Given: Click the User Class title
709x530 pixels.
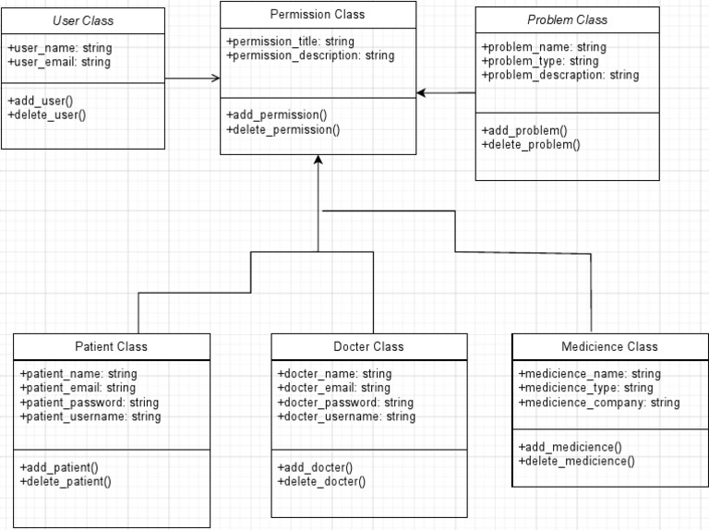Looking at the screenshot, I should point(83,20).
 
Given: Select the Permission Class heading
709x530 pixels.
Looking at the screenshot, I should point(318,14).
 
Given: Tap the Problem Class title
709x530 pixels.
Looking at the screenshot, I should point(567,19).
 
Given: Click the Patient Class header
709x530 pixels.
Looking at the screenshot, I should point(111,346).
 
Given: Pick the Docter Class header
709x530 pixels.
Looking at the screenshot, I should point(368,346).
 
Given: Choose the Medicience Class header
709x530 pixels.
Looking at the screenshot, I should point(609,346).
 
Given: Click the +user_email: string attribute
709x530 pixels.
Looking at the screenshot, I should point(58,62).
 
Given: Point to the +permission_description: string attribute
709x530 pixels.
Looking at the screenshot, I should point(310,55).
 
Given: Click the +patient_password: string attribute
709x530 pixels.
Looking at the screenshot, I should point(89,403).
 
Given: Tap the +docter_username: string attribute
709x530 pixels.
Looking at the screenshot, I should point(346,416).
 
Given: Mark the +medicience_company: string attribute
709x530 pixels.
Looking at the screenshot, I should point(599,403).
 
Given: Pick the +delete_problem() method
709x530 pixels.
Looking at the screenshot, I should point(531,144).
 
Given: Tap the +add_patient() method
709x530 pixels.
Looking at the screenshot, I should point(58,467).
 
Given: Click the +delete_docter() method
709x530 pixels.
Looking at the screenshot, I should point(321,481).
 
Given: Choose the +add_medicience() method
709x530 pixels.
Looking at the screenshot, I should point(570,446).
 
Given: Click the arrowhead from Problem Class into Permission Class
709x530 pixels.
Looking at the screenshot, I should point(421,92).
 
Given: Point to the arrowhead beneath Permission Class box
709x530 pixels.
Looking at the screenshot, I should point(318,161).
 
